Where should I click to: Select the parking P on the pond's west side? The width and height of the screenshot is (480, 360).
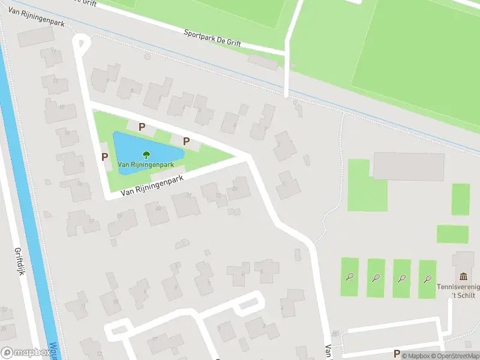(x=105, y=157)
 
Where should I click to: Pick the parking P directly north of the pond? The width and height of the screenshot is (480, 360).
(x=142, y=127)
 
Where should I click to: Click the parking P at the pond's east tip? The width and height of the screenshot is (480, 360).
(x=187, y=142)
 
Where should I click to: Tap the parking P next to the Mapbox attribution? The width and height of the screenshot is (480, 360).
(x=396, y=354)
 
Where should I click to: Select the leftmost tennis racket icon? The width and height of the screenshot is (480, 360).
(x=350, y=277)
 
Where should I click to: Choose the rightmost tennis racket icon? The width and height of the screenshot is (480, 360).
(x=428, y=278)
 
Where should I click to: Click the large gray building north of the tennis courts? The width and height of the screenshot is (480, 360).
(x=409, y=166)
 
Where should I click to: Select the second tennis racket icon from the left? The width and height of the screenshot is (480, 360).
(x=376, y=278)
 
